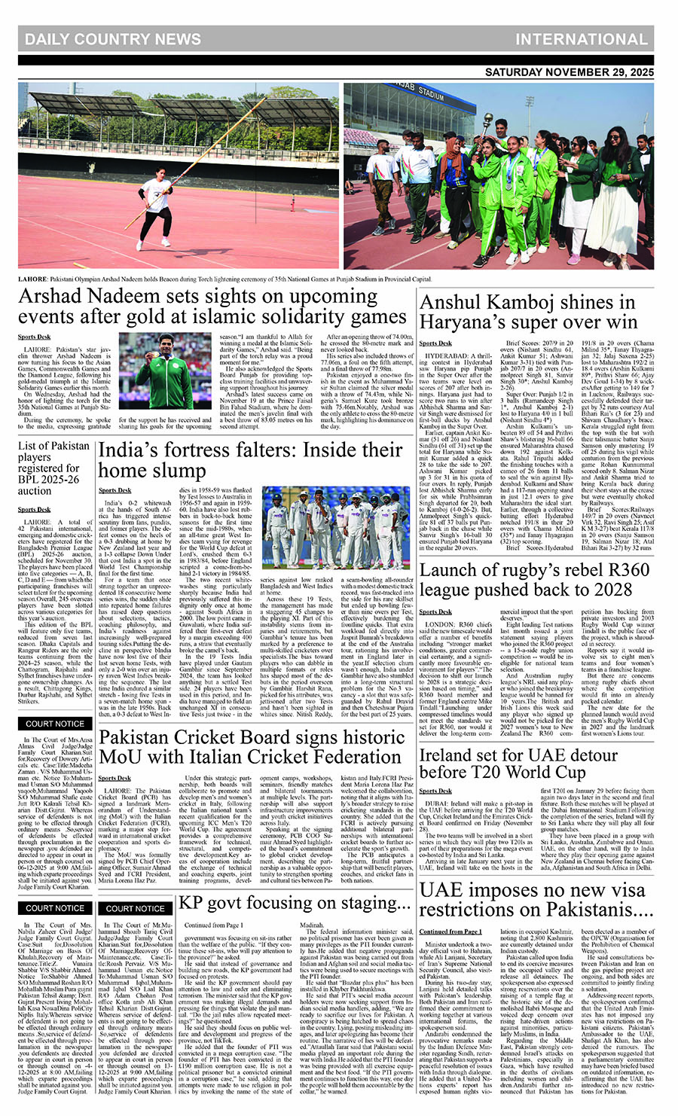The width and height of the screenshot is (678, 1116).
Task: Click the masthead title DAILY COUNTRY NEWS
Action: point(113,39)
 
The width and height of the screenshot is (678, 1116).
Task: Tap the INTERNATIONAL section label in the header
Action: point(581,39)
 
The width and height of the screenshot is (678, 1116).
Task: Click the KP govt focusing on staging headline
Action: point(289,903)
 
